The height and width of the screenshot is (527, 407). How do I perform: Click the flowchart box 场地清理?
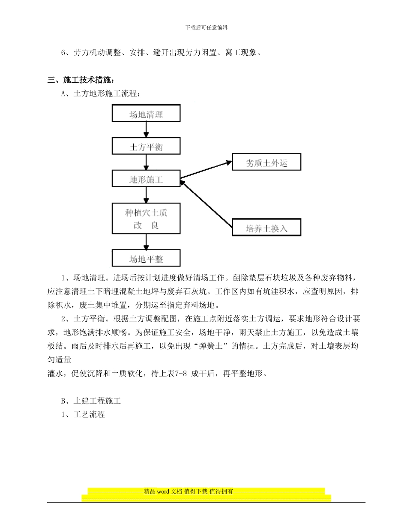(x=146, y=114)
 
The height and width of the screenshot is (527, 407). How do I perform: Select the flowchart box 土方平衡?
(x=146, y=147)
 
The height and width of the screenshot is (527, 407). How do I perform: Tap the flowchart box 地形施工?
(x=146, y=179)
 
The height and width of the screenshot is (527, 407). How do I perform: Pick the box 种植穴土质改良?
(x=146, y=219)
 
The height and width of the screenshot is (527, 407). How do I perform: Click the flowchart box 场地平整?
(x=146, y=258)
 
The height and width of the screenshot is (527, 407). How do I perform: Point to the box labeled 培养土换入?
(x=266, y=228)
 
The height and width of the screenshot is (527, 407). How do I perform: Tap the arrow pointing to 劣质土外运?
(x=206, y=170)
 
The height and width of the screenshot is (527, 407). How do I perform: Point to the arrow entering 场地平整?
(x=146, y=243)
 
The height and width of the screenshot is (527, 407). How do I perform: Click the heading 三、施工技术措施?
(x=80, y=80)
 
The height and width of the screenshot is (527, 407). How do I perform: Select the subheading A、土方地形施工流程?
(x=101, y=94)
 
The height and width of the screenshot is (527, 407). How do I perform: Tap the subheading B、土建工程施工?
(x=91, y=401)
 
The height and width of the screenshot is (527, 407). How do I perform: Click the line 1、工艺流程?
(x=83, y=415)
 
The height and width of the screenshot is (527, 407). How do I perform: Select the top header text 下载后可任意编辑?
(x=206, y=27)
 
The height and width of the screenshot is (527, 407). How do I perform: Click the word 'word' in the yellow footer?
(x=163, y=491)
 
